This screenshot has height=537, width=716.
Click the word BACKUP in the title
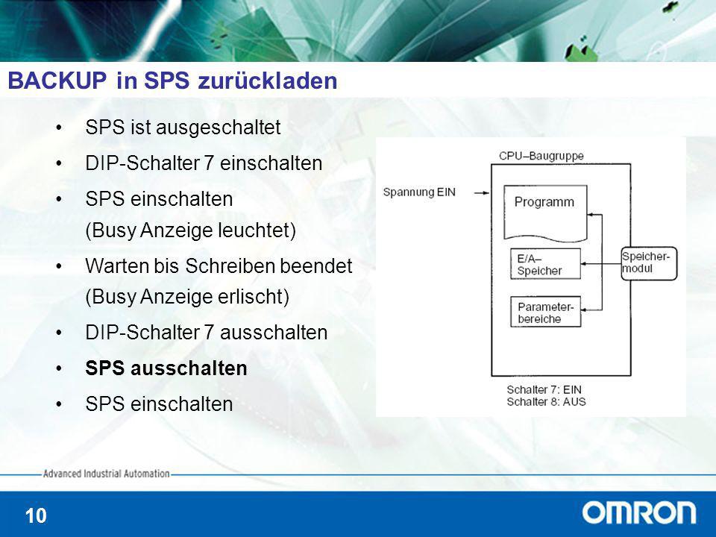tap(57, 81)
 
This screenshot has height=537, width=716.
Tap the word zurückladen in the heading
tap(268, 81)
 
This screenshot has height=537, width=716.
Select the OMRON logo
tap(639, 513)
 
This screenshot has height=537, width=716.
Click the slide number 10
tap(36, 516)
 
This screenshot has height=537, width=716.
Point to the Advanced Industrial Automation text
tap(107, 474)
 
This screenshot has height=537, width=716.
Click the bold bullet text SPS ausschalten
tap(166, 368)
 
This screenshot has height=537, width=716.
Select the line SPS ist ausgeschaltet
tap(183, 128)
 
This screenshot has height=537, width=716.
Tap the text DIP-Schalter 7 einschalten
tap(204, 163)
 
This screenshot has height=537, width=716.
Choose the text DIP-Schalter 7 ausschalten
tap(207, 333)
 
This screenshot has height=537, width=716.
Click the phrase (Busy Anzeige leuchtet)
tap(190, 230)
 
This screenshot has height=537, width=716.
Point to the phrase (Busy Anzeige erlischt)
tap(187, 297)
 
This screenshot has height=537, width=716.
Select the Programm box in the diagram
tap(545, 213)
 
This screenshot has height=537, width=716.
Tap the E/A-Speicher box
tap(545, 263)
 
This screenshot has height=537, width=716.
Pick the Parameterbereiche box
tap(545, 312)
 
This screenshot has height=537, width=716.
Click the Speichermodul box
tap(649, 263)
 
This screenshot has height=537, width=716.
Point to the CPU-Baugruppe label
tap(541, 156)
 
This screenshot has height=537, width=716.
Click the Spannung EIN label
tap(419, 192)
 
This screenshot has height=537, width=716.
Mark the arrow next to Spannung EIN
tap(481, 193)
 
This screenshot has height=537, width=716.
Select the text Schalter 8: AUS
tap(546, 402)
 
